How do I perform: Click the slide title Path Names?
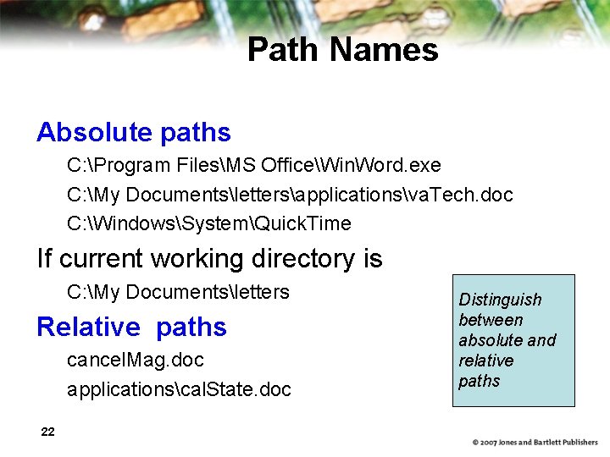click(x=342, y=50)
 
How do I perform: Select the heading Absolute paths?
click(x=134, y=132)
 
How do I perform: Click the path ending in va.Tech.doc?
click(x=290, y=195)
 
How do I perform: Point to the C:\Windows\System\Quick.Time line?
click(x=208, y=223)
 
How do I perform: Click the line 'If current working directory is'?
click(x=209, y=258)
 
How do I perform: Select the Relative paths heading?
click(x=132, y=327)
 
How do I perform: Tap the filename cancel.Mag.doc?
click(x=136, y=360)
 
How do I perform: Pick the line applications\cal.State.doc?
click(x=179, y=389)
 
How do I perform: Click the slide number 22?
click(x=48, y=432)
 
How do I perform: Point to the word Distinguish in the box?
click(x=500, y=300)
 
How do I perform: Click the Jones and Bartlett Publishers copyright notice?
click(x=535, y=443)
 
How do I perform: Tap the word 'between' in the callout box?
click(x=491, y=320)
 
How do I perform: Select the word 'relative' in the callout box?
click(x=486, y=361)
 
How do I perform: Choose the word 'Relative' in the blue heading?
click(x=88, y=327)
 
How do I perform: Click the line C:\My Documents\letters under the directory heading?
click(x=178, y=292)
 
